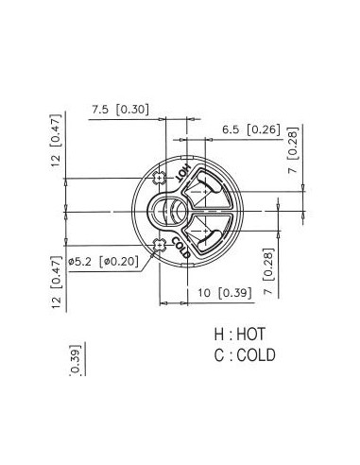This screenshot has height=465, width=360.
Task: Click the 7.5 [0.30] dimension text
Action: tap(120, 110)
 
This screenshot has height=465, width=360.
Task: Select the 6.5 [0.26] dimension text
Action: tap(251, 129)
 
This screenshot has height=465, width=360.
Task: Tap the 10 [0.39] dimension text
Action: tap(225, 293)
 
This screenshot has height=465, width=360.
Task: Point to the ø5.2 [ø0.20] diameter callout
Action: tap(103, 261)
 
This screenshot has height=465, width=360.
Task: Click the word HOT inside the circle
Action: tap(183, 173)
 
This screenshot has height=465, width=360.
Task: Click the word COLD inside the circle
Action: tap(181, 248)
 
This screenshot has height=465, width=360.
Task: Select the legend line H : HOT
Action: tap(240, 334)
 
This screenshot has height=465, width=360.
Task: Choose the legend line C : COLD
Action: tap(245, 355)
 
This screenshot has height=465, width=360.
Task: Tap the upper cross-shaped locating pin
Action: tap(160, 179)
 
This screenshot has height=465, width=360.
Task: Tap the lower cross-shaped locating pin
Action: tap(160, 245)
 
